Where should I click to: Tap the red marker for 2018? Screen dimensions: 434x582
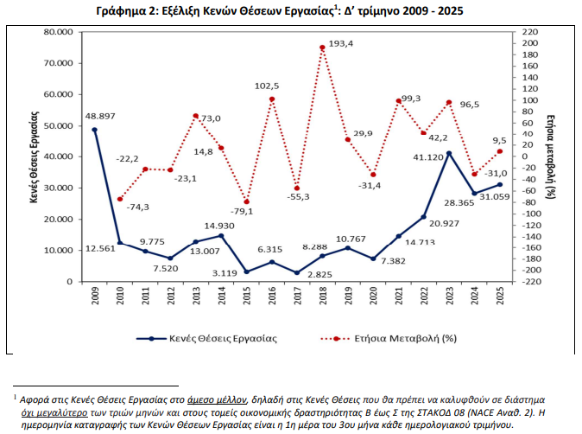point(322,48)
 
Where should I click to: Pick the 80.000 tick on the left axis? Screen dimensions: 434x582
point(59,32)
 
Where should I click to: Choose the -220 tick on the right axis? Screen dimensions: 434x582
point(532,282)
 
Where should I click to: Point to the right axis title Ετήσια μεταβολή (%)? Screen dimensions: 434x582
point(551,156)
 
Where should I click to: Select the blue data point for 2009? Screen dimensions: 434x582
point(94,130)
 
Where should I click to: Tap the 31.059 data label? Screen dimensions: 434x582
point(496,197)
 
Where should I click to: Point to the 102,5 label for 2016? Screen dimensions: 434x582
point(268,86)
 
